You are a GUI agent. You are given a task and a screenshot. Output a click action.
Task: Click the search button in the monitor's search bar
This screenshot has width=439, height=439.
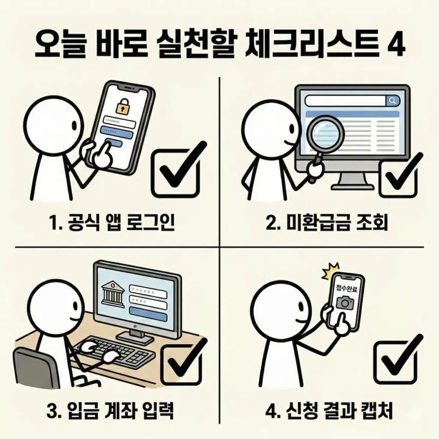point(392,100)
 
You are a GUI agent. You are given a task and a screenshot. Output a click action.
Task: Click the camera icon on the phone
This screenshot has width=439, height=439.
point(345,303)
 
